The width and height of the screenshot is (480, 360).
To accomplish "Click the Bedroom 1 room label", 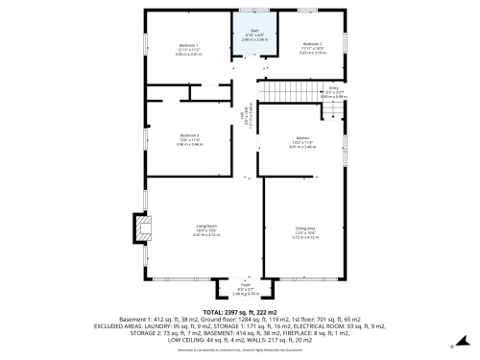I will click(188, 45).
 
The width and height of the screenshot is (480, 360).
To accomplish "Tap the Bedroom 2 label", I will click(312, 44).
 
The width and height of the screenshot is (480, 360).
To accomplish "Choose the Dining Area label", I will click(305, 228).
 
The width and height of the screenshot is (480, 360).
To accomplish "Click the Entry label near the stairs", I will click(333, 86).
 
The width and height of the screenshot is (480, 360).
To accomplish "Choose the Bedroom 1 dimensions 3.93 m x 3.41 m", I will click(188, 54).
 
